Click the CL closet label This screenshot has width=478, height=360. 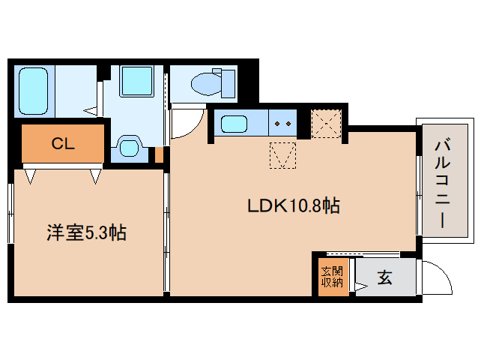(63, 144)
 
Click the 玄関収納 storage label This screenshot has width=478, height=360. (332, 277)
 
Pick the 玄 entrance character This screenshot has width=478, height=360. (384, 277)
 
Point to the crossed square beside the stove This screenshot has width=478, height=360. (326, 124)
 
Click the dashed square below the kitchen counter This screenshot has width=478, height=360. (282, 155)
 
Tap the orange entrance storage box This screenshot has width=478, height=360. (332, 277)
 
